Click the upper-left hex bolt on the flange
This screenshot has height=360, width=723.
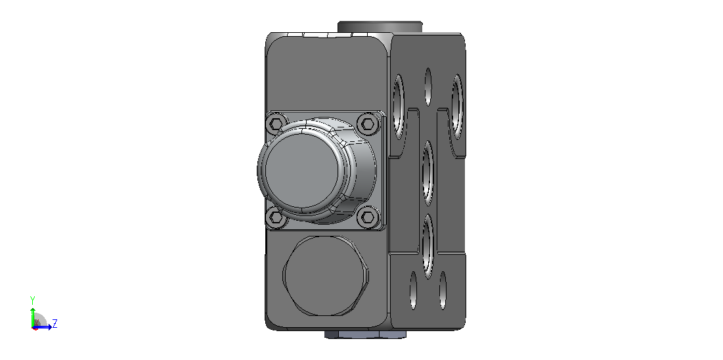coord(275,124)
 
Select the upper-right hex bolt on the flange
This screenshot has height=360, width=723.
coord(368,124)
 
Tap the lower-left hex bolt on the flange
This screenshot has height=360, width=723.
coord(275,217)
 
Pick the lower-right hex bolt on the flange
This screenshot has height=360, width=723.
coord(368,216)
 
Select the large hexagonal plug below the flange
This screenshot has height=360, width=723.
coord(325,276)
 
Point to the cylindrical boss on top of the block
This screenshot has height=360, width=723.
coord(380,27)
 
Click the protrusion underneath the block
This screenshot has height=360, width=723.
coord(365,334)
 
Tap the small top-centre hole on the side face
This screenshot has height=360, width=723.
coord(428,87)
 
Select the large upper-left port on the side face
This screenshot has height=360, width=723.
coord(399,107)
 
